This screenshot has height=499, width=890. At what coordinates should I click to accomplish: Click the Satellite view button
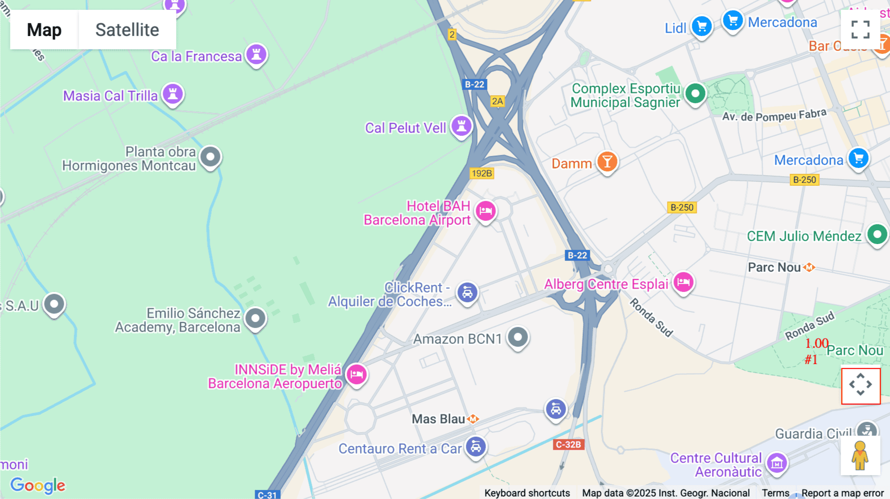point(127,30)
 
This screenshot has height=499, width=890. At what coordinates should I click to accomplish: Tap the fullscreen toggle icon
point(860,29)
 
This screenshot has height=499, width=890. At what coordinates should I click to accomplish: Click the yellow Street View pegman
point(860,456)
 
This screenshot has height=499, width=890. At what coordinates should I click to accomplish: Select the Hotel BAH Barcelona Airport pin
point(486,211)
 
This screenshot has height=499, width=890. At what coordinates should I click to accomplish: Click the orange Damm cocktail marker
point(607,162)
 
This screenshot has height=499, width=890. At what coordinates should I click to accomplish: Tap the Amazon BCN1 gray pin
point(518,337)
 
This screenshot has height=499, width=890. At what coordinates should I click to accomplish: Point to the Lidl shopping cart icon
point(701,26)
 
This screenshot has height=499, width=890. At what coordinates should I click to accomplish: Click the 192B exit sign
point(482,173)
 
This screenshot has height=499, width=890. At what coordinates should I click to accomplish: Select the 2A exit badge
point(497,101)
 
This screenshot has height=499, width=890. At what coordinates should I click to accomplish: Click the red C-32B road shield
point(568,444)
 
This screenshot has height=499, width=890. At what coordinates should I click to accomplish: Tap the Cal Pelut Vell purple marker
point(461,126)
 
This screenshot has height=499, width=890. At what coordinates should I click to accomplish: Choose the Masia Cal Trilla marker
point(173,93)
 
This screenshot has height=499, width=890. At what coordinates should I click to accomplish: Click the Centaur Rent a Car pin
point(475,447)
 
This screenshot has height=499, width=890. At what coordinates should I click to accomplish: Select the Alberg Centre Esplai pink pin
point(683,283)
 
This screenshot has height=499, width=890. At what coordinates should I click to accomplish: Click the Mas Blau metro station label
point(439,419)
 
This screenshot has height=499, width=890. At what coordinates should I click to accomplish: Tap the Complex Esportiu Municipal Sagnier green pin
point(695,93)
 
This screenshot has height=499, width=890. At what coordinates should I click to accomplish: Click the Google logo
point(38,485)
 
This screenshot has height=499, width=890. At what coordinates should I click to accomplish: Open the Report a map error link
point(842,493)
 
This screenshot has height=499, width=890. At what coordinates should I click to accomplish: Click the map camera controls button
point(860,385)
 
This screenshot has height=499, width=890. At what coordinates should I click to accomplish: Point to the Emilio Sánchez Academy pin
point(255,319)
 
